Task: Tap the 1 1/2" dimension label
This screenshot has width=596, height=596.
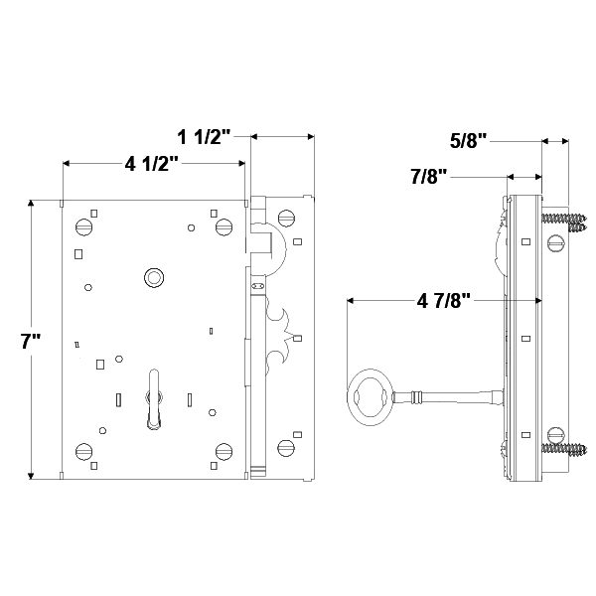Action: [205, 136]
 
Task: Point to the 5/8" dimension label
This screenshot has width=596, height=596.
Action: [469, 141]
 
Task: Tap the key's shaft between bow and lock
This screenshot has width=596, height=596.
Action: [447, 399]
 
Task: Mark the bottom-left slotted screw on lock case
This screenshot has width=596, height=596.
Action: [83, 448]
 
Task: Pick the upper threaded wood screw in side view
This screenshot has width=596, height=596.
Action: [564, 216]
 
